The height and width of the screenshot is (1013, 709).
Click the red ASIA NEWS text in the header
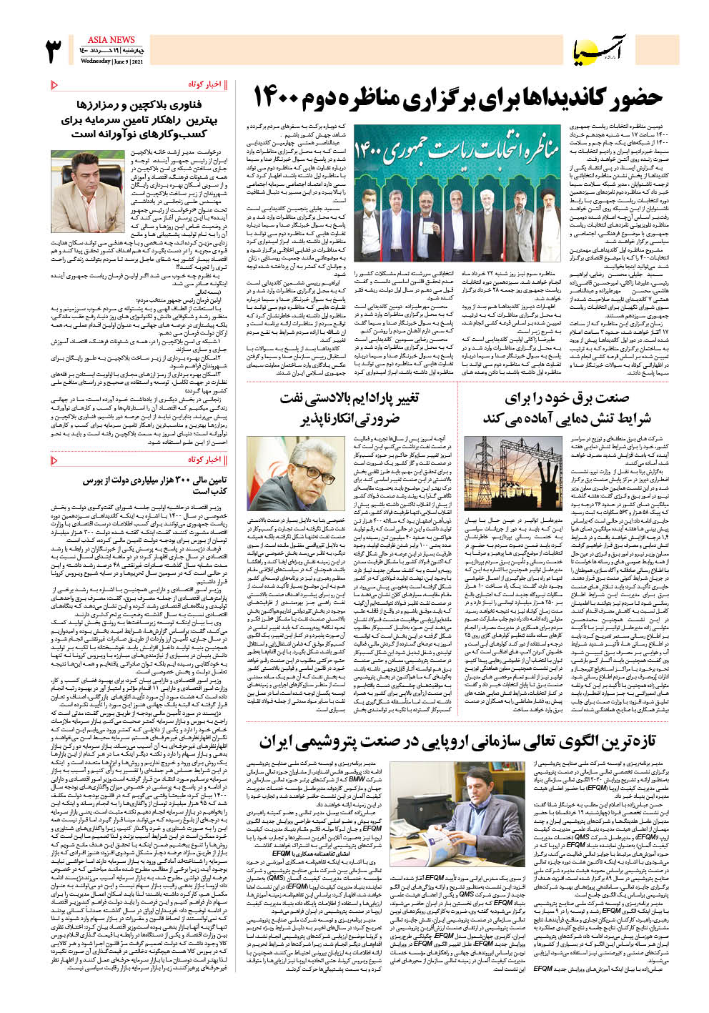click(111, 40)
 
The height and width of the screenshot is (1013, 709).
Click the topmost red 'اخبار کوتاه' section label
click(205, 85)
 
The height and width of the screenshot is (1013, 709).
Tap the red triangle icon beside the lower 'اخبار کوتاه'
click(55, 459)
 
